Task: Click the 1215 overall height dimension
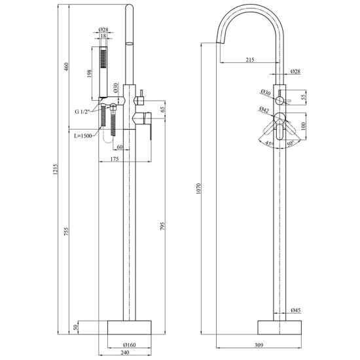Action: (x=55, y=170)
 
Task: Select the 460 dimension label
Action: (x=66, y=67)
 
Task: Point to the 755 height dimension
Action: (x=66, y=232)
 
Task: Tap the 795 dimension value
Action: (x=162, y=226)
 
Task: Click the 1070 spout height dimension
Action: (x=198, y=189)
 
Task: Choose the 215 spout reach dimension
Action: (x=250, y=60)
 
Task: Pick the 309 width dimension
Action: (x=259, y=345)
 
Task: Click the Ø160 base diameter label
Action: (x=130, y=345)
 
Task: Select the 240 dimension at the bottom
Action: (x=124, y=352)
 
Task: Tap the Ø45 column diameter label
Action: (x=295, y=310)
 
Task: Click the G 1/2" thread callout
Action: (x=82, y=111)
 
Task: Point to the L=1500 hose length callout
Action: (x=83, y=135)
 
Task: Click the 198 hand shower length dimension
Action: (x=89, y=74)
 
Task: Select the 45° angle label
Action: (x=269, y=143)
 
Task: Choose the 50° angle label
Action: (x=290, y=144)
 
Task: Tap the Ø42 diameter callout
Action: (x=264, y=110)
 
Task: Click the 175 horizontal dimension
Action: (x=115, y=159)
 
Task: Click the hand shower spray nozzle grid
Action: (x=103, y=59)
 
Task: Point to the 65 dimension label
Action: (x=162, y=109)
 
